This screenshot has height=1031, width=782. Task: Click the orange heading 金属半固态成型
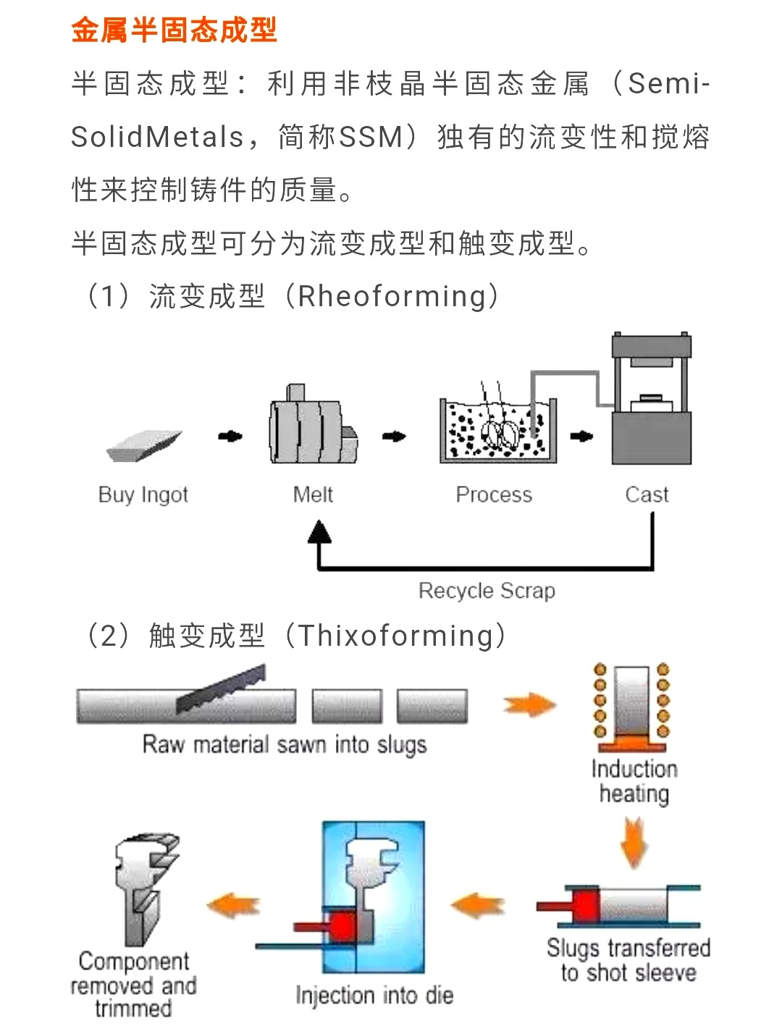[174, 30]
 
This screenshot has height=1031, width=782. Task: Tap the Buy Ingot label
[143, 495]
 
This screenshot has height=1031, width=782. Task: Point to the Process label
[494, 495]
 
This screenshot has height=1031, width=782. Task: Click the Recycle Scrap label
[487, 591]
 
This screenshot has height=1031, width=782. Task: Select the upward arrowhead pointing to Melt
[319, 533]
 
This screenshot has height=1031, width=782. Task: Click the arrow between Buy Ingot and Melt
[230, 436]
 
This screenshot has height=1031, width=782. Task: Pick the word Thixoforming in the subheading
[395, 636]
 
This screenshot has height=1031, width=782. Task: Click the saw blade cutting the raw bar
[221, 689]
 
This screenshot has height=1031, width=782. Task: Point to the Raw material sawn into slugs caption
[285, 744]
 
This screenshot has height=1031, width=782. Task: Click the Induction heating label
[634, 781]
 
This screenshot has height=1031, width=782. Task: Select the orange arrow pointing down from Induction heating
[634, 841]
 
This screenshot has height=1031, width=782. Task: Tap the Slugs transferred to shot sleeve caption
[628, 960]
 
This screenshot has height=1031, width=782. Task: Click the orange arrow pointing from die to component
[233, 906]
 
